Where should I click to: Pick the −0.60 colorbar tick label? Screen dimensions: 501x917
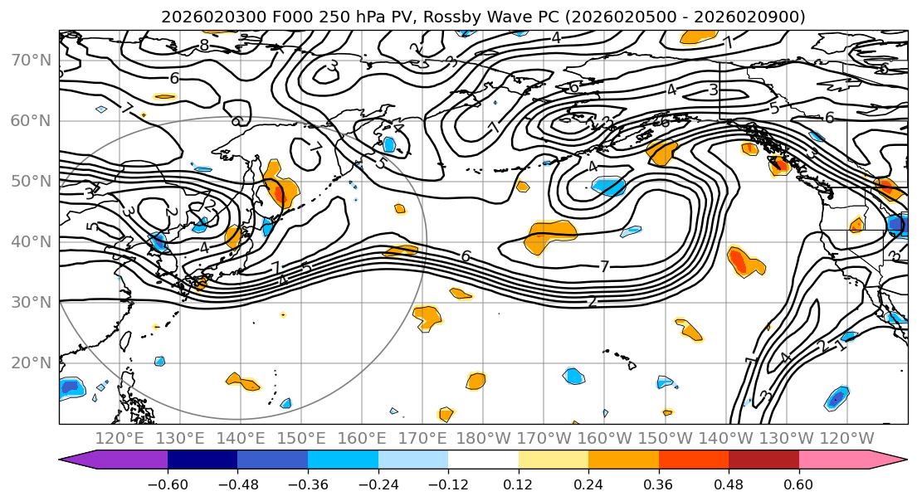click(x=168, y=482)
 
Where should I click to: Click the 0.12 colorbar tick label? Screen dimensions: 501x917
click(x=519, y=482)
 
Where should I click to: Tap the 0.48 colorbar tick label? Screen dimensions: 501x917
click(x=729, y=482)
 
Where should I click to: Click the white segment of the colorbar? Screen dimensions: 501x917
click(x=483, y=460)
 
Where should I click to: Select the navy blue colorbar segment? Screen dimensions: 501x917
click(x=202, y=460)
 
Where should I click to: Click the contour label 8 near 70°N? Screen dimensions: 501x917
click(x=204, y=45)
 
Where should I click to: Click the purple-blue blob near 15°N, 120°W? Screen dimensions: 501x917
click(x=837, y=397)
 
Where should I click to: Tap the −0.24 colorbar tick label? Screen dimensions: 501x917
click(x=378, y=482)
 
